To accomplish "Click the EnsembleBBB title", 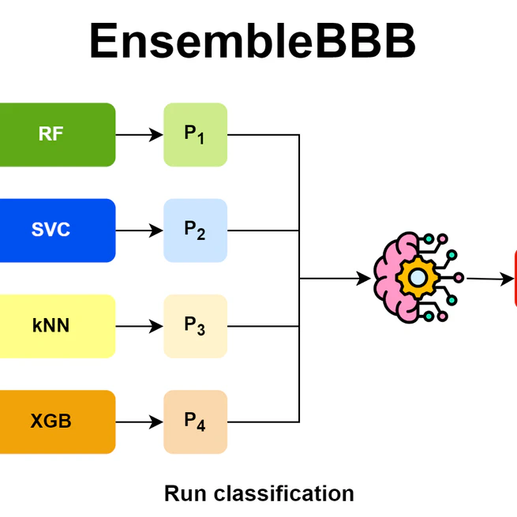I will point(252,41).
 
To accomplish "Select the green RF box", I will point(55,134).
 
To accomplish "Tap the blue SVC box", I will point(55,230).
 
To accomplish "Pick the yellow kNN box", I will point(55,326).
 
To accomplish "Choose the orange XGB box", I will point(55,421).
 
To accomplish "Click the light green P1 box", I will point(195,135).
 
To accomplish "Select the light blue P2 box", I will point(195,230).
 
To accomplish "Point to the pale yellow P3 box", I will point(195,326).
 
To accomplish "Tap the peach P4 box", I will point(195,421).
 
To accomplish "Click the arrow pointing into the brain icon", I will point(335,278).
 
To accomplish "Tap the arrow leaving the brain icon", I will point(489,279).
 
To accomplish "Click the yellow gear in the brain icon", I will point(416,278).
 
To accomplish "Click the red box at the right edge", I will point(515,278).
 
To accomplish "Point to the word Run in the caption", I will point(182,494).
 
